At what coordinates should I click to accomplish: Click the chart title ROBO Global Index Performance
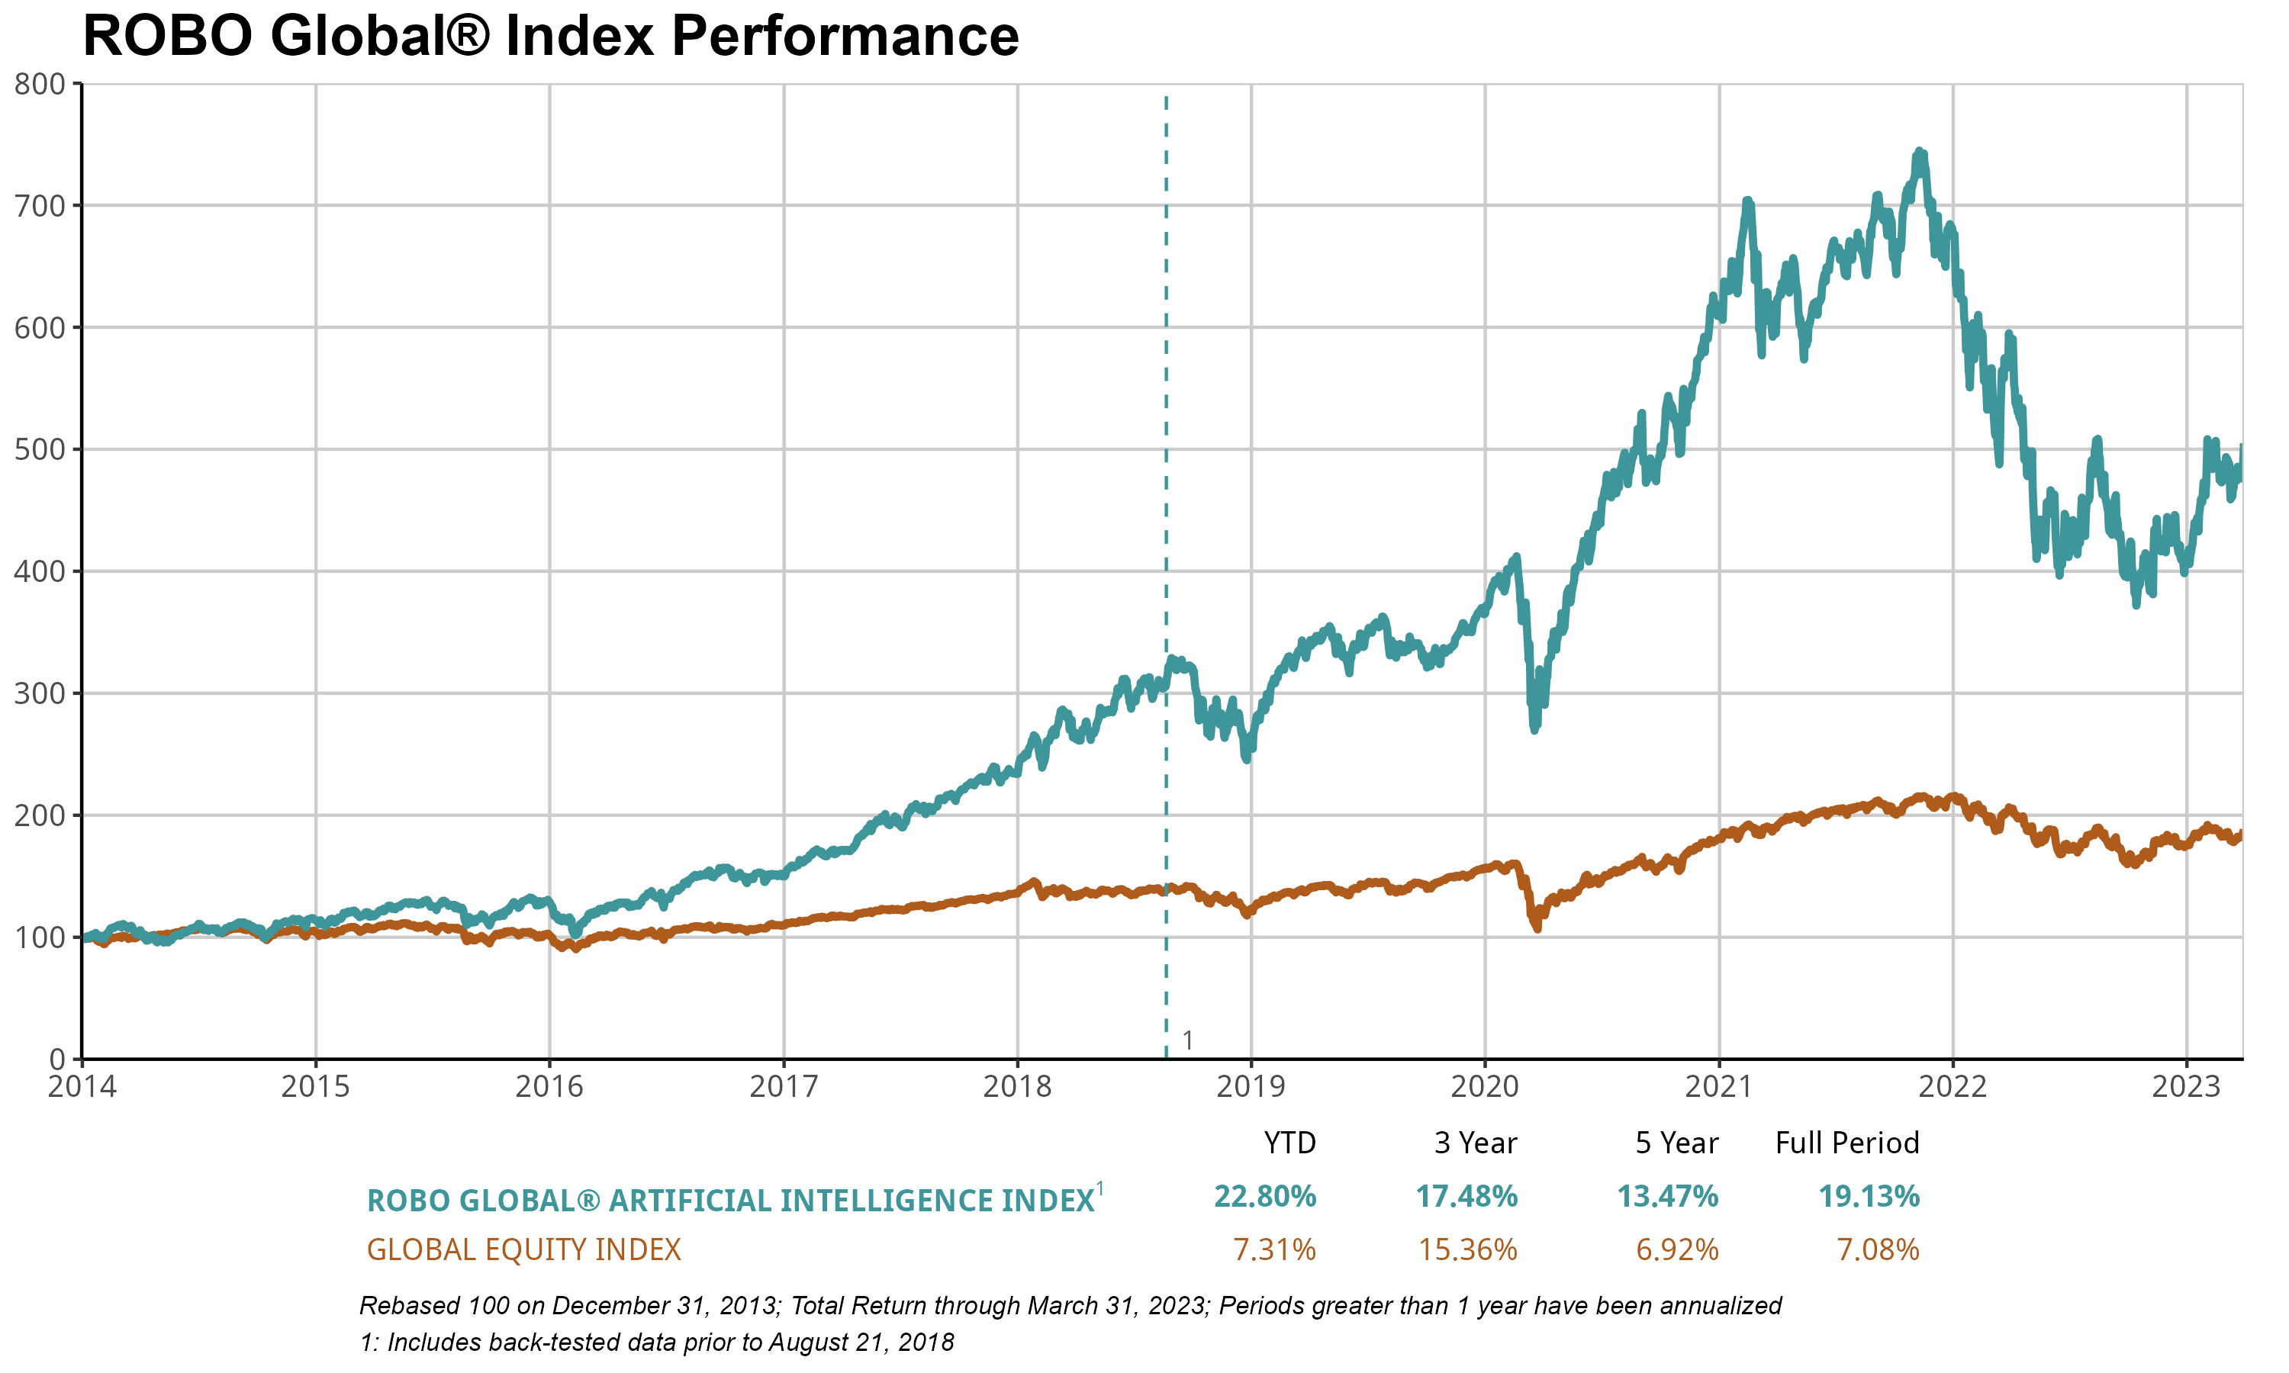(551, 37)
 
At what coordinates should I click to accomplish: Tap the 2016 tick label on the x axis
(549, 1086)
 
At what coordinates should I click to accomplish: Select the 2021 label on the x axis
(1719, 1086)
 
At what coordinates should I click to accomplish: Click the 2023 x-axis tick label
(2186, 1086)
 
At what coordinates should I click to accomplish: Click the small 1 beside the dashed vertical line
(1188, 1041)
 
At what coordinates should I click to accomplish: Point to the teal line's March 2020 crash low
(1535, 729)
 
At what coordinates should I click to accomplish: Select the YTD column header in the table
(1289, 1143)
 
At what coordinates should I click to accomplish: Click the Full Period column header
(1846, 1143)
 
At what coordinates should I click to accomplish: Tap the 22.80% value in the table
(1265, 1198)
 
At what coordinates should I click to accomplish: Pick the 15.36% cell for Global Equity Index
(1467, 1250)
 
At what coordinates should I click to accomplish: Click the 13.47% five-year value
(1667, 1198)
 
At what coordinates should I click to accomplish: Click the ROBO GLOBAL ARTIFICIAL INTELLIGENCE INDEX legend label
(731, 1201)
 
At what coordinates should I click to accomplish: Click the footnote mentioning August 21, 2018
(657, 1342)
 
